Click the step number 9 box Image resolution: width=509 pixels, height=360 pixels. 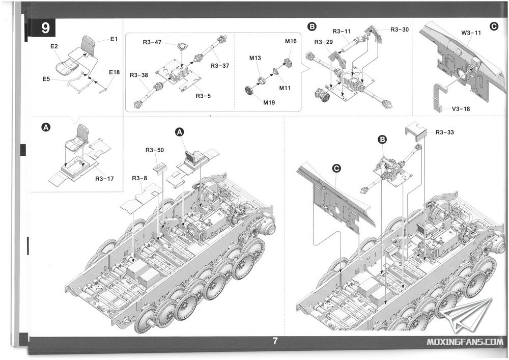pos(45,29)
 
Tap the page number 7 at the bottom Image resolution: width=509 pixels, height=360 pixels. pos(275,342)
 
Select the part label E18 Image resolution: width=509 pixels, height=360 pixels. pos(114,72)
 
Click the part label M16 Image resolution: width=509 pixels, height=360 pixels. pos(291,41)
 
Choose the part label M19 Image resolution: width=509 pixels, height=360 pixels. pos(269,102)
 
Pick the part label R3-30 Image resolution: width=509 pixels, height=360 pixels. pos(400,30)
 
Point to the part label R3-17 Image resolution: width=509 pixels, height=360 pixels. pos(104,178)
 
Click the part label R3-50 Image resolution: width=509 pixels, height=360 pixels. pos(155,150)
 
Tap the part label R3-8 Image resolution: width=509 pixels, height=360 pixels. pos(139,178)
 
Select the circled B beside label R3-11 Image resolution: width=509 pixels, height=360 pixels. pos(313,26)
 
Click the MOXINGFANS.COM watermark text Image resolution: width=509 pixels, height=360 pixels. pos(466,342)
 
